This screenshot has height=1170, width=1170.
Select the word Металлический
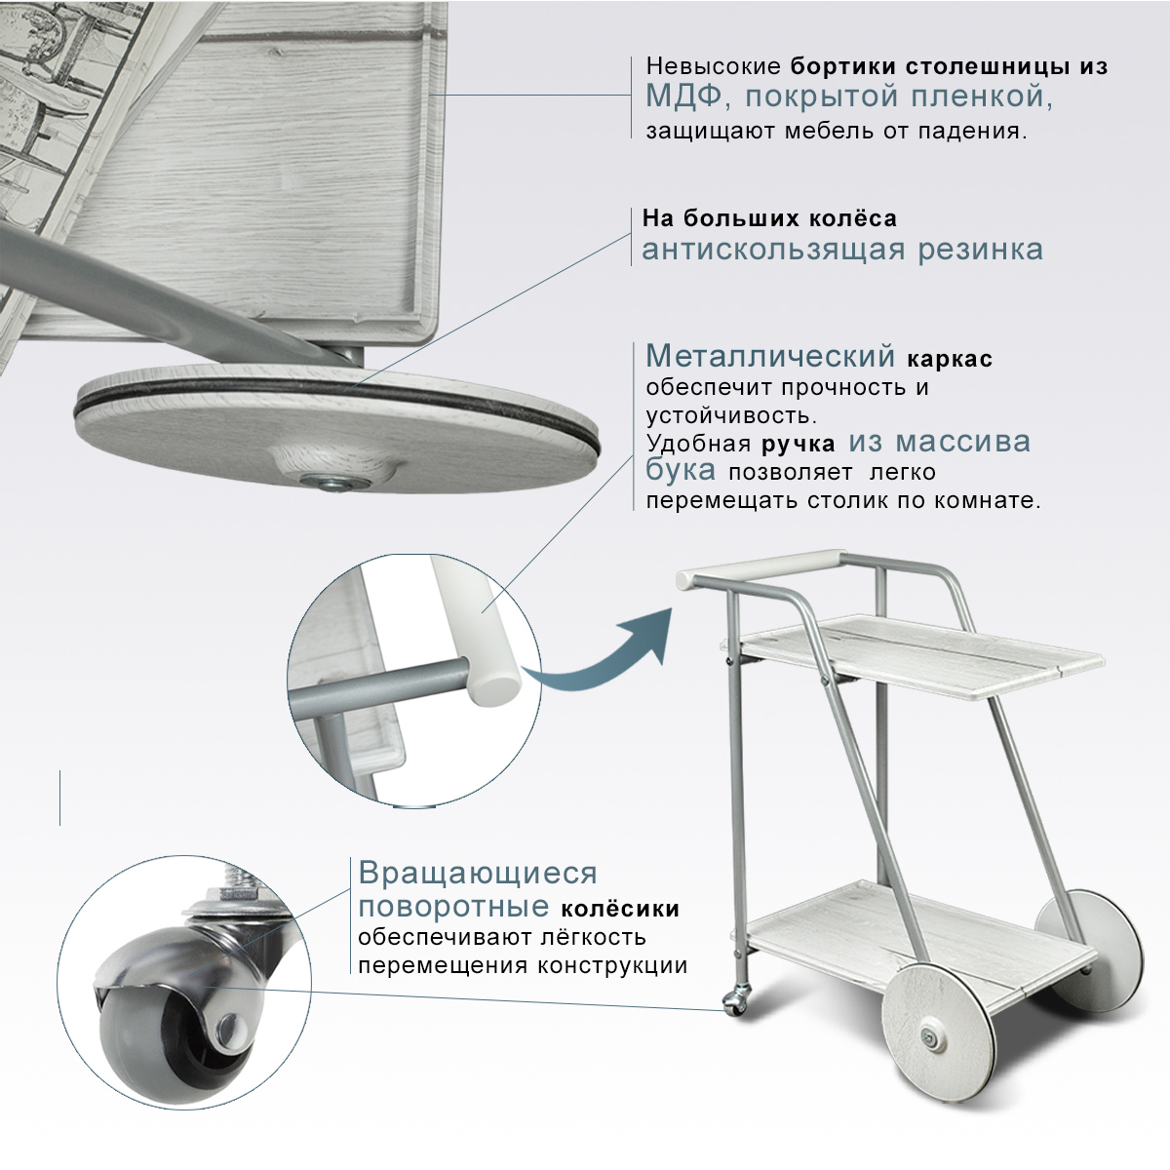(x=769, y=357)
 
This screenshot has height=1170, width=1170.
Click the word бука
(x=680, y=472)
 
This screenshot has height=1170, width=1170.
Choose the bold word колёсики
(x=620, y=909)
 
